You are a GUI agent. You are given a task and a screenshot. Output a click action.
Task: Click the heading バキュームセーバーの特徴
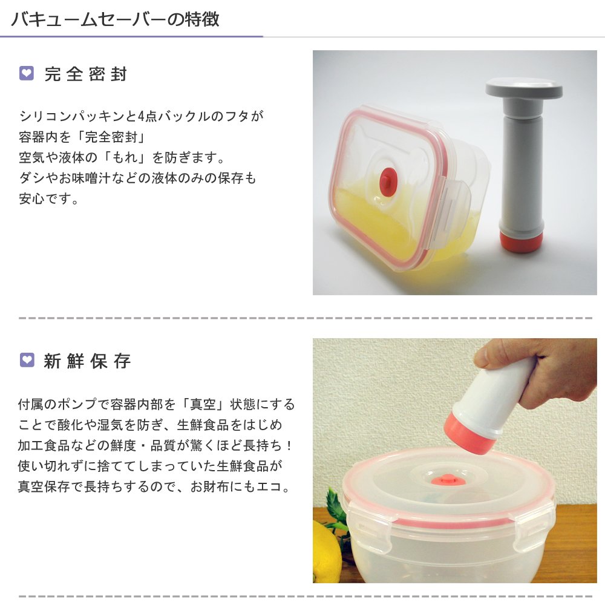[115, 19]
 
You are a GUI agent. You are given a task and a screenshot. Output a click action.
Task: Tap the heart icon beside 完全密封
[27, 74]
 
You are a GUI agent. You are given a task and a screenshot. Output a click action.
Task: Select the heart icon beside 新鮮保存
[27, 361]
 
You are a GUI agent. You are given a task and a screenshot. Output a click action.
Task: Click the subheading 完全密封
[86, 74]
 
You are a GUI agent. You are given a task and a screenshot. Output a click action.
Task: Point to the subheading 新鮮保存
[87, 361]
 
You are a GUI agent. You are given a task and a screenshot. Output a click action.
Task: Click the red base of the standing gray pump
[521, 241]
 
